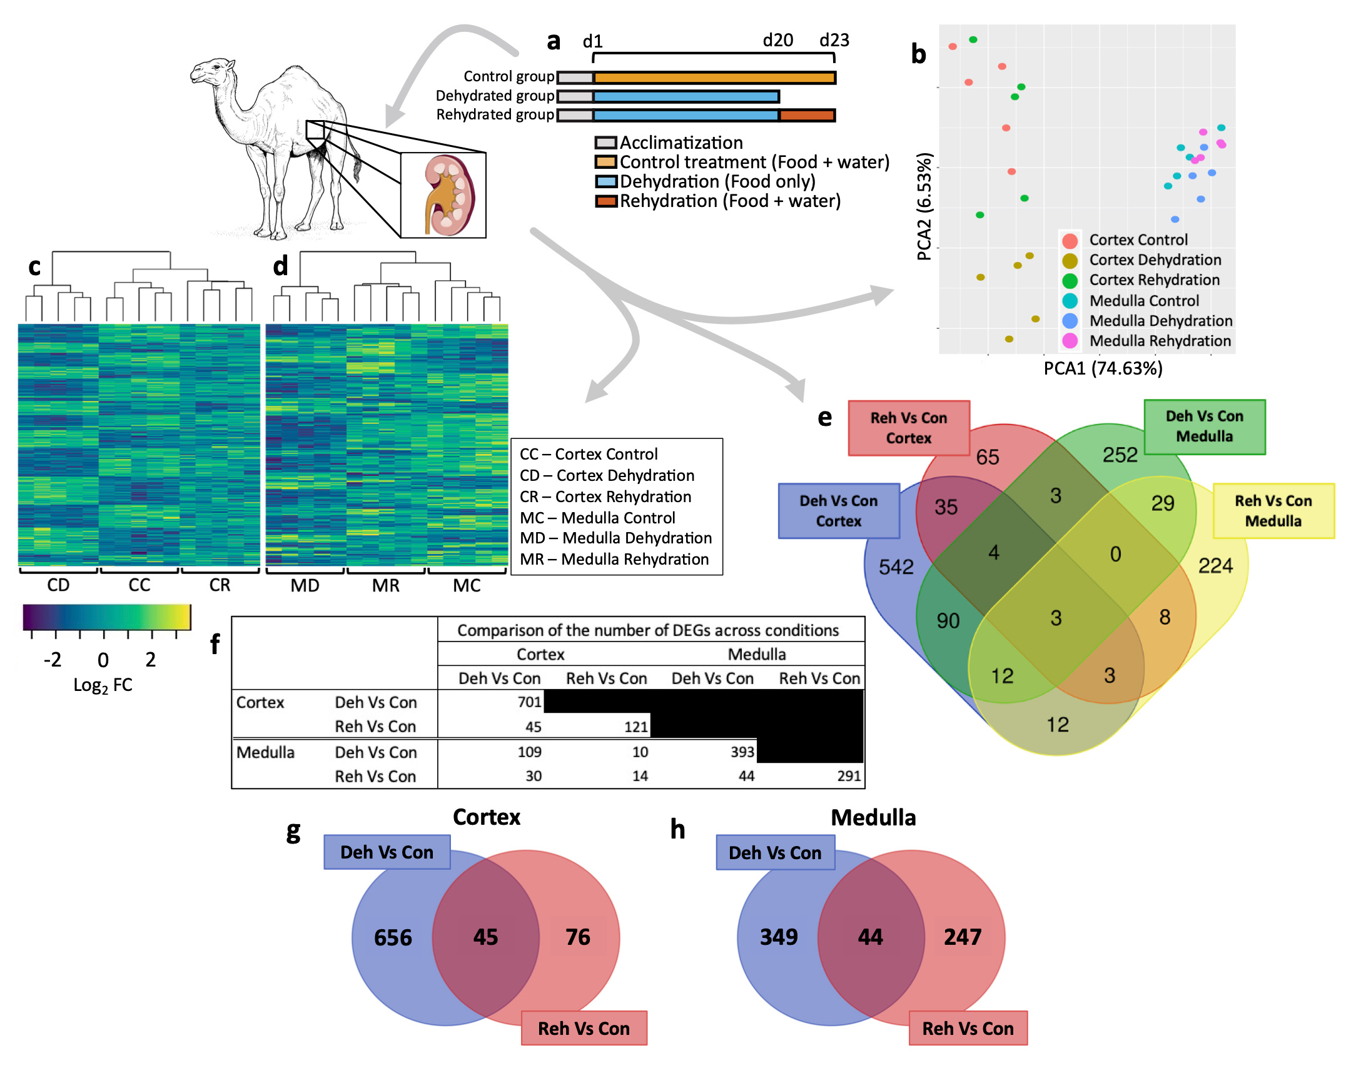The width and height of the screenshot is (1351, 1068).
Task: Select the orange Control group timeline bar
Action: [x=714, y=78]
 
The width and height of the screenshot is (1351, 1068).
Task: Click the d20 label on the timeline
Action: [x=777, y=41]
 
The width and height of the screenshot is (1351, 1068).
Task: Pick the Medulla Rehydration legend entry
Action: [x=1160, y=341]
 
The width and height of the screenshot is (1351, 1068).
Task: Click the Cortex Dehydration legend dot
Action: [x=1070, y=260]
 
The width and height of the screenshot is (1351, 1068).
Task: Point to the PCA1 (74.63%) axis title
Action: [x=1103, y=368]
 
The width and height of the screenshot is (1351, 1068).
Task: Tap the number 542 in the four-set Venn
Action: [x=896, y=567]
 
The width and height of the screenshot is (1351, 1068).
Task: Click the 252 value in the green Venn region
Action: [x=1120, y=455]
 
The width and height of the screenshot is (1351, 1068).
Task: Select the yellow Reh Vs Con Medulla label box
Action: [x=1273, y=511]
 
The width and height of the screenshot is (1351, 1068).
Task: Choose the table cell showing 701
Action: [x=529, y=702]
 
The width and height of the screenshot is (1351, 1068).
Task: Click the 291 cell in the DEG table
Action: [x=849, y=776]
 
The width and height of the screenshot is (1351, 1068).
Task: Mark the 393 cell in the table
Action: [x=742, y=752]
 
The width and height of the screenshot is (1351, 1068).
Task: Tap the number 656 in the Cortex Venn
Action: [x=393, y=937]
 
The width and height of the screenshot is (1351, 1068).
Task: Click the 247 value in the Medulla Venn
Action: [x=963, y=937]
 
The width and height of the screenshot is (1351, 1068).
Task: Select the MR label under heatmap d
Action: [x=385, y=586]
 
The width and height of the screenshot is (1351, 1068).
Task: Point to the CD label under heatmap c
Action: [x=58, y=585]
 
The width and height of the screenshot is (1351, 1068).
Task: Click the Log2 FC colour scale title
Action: [x=103, y=685]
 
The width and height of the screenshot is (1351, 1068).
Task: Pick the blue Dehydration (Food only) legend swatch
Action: [x=606, y=182]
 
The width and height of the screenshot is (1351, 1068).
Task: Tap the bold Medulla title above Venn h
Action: [x=873, y=817]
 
